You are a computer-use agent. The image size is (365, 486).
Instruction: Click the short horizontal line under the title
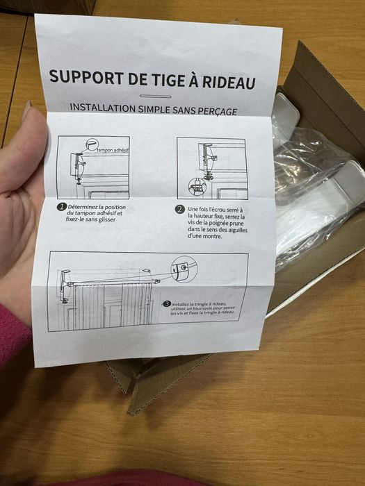[155, 96]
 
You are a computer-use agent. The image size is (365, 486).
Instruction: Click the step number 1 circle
[61, 206]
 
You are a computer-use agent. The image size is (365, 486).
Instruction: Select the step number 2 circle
[179, 209]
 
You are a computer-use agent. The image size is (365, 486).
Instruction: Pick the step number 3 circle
[167, 303]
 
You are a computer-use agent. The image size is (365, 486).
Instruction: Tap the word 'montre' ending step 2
[203, 237]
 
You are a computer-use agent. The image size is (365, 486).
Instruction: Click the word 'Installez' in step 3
[184, 304]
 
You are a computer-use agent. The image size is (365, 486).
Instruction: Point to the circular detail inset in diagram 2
[197, 186]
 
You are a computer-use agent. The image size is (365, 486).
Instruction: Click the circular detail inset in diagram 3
[183, 267]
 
